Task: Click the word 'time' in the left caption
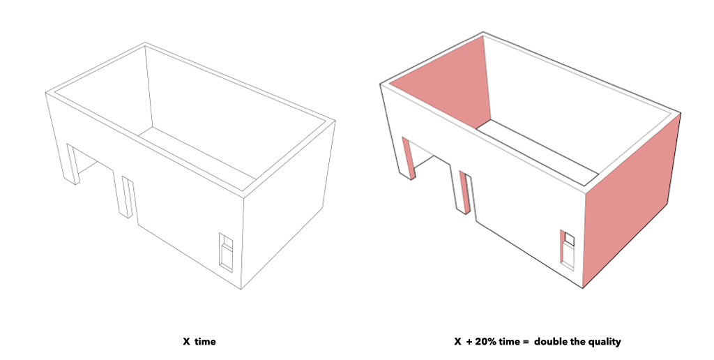pyautogui.click(x=206, y=341)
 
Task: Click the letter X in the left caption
pyautogui.click(x=186, y=341)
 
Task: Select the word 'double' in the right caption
pyautogui.click(x=549, y=341)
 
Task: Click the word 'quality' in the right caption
pyautogui.click(x=605, y=342)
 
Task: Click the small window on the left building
pyautogui.click(x=226, y=253)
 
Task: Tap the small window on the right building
pyautogui.click(x=568, y=250)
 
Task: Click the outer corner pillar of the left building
pyautogui.click(x=73, y=164)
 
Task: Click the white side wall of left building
pyautogui.click(x=288, y=205)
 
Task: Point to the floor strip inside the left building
pyautogui.click(x=197, y=154)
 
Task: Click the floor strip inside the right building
pyautogui.click(x=538, y=152)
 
